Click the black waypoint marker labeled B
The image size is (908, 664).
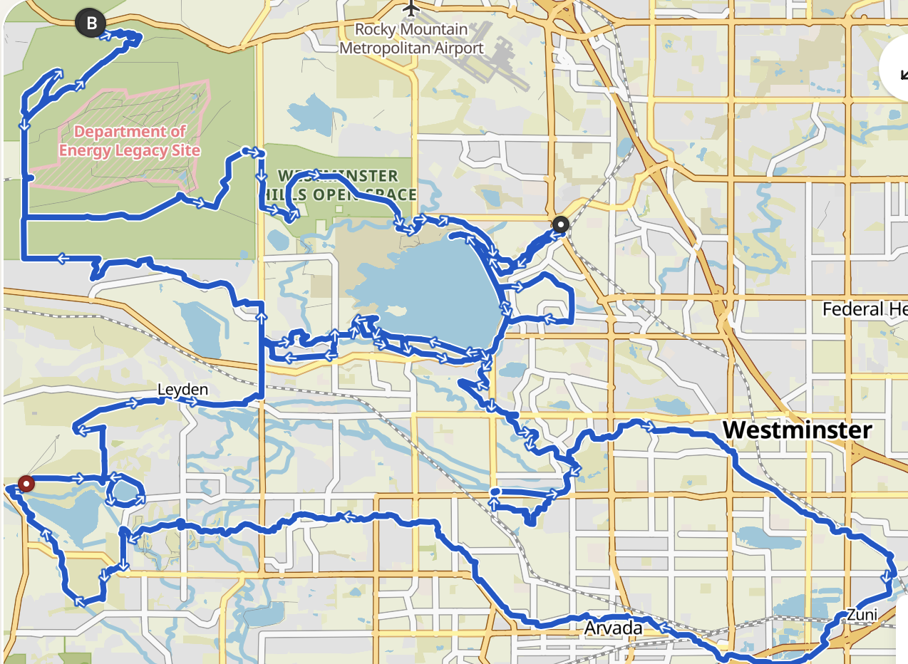(91, 24)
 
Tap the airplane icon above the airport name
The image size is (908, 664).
(411, 9)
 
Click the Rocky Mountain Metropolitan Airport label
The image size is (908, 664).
(411, 39)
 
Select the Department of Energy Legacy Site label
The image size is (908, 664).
(129, 141)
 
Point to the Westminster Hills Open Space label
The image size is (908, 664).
(346, 185)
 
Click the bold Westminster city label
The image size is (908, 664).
(797, 430)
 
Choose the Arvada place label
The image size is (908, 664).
(613, 628)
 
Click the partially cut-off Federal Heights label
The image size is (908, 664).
(864, 310)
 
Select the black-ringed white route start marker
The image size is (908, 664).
(561, 225)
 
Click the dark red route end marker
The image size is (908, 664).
(26, 484)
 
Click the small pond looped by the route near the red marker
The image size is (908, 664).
(124, 491)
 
